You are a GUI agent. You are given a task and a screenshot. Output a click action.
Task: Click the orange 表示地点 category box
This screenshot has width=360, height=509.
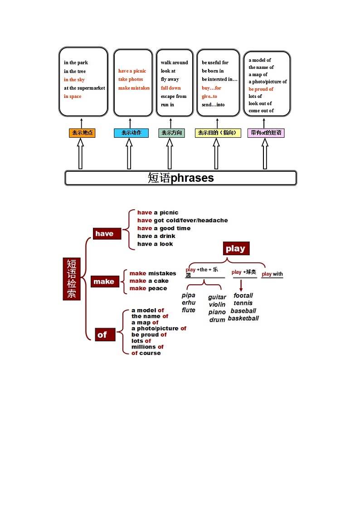point(82,133)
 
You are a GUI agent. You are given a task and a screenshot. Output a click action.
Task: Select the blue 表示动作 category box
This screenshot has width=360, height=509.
point(131,133)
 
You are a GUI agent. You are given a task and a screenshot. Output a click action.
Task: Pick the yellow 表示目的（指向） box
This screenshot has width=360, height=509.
point(218,133)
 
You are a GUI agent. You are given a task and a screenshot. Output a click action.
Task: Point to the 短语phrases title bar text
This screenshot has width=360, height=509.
point(180,178)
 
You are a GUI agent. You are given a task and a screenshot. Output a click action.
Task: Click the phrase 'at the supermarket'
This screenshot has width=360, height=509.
point(84,88)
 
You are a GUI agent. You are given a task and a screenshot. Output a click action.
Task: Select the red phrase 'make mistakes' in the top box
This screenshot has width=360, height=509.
point(134,88)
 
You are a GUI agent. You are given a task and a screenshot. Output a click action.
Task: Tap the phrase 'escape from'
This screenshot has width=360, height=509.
point(174,96)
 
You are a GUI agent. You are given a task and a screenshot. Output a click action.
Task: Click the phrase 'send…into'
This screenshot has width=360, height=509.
point(213,105)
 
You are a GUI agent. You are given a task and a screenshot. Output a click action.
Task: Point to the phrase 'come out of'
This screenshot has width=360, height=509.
point(261,111)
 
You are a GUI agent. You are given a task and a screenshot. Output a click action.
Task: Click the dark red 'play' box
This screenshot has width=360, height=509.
point(236,248)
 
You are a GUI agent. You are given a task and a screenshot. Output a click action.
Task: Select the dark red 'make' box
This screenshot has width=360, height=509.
point(104,281)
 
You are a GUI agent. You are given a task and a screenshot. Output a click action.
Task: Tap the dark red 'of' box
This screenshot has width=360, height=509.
point(102,335)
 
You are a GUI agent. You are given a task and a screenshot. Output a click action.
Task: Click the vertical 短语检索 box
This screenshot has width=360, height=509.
point(71,279)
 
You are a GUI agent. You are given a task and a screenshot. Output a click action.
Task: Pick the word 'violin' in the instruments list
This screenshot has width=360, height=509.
point(217,305)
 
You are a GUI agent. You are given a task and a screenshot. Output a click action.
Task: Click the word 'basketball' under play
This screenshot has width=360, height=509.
point(243,318)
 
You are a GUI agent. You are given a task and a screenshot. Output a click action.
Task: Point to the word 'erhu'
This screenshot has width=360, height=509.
point(189,302)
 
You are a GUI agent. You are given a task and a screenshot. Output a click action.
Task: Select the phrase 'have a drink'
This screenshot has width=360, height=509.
point(156,236)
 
